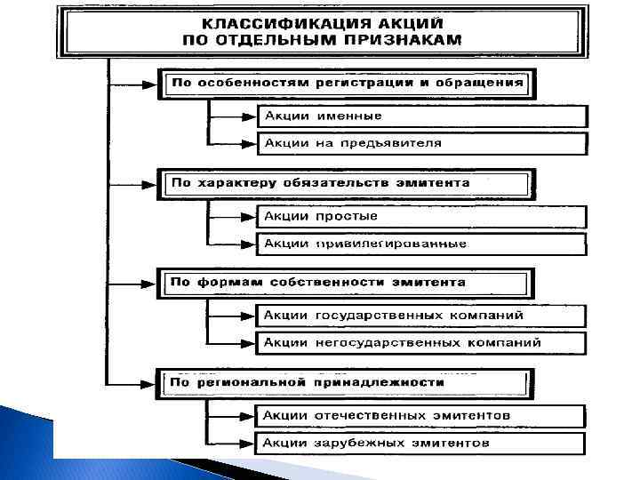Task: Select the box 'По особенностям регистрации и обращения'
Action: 347,84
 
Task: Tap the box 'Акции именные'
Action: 421,116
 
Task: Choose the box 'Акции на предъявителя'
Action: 421,143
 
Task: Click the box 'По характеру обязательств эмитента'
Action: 347,183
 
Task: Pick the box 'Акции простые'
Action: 421,216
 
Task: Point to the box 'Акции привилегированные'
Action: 421,244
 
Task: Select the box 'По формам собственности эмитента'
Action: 347,283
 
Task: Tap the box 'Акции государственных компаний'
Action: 421,316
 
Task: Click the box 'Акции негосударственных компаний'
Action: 421,342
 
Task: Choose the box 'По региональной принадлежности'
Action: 347,382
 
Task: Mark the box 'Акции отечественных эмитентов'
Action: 421,415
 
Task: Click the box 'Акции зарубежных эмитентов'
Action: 421,443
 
